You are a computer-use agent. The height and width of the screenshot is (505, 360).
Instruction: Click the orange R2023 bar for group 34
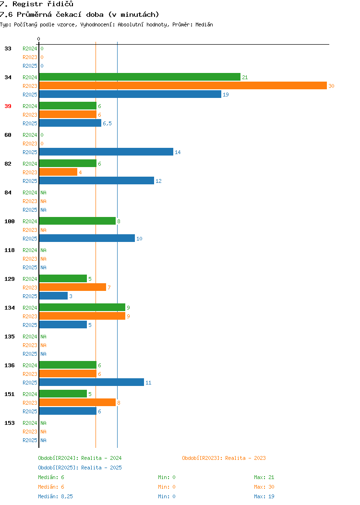point(183,85)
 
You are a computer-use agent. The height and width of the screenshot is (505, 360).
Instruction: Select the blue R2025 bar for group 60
point(106,152)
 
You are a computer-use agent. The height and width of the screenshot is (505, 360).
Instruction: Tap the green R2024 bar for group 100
point(77,221)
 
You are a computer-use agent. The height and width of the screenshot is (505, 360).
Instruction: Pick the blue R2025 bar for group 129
point(53,296)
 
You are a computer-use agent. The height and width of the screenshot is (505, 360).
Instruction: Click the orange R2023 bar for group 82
point(58,172)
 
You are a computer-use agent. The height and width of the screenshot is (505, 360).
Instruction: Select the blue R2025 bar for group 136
point(92,382)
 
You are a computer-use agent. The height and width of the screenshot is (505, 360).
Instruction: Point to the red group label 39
point(8,106)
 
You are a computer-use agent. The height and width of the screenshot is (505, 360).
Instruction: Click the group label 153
point(9,423)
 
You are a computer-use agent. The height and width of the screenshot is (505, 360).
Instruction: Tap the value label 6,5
point(107,123)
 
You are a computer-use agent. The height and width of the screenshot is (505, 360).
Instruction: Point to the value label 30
point(331,86)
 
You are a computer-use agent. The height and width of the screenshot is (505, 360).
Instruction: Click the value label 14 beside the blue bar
point(178,152)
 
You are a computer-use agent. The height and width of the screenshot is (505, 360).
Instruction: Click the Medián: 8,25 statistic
point(55,496)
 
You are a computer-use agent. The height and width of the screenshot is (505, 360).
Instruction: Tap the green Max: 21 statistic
point(264,477)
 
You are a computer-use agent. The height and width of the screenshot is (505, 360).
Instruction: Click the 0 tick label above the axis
point(39,39)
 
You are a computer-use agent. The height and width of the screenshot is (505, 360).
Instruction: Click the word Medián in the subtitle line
point(204,24)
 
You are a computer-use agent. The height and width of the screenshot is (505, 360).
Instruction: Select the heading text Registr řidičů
point(43,4)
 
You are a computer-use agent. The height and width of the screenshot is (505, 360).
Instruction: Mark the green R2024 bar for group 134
point(82,307)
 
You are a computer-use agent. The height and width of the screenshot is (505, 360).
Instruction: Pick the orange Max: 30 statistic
point(264,487)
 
